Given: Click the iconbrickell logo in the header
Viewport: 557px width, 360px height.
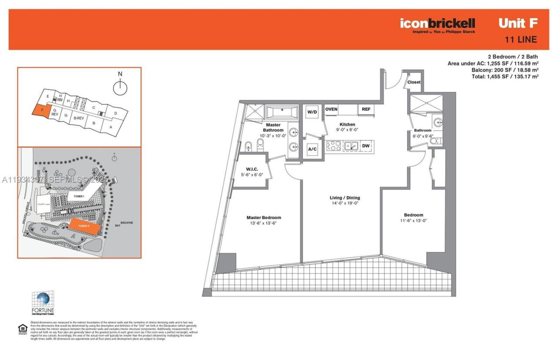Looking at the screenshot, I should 437,23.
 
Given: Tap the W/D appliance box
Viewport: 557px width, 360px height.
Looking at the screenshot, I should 312,112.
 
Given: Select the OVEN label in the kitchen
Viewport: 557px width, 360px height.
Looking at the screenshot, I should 331,109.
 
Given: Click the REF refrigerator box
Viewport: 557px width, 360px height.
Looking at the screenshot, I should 366,109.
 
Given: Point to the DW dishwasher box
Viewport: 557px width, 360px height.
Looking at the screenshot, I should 366,146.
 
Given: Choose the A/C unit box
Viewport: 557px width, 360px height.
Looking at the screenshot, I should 312,149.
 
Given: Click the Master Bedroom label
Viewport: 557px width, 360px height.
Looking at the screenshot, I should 263,218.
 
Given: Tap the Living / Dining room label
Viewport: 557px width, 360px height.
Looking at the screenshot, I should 345,198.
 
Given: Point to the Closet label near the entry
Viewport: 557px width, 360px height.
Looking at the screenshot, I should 414,82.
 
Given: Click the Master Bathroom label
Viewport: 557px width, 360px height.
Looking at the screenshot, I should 273,127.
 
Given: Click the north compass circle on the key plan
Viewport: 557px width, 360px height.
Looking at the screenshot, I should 120,88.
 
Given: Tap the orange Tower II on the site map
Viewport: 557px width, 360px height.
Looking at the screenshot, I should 84,226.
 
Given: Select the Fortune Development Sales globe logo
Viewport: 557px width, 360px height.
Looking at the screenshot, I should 43,300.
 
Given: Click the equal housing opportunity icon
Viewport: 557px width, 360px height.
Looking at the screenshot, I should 22,329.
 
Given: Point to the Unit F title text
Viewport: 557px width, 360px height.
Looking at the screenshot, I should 517,23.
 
